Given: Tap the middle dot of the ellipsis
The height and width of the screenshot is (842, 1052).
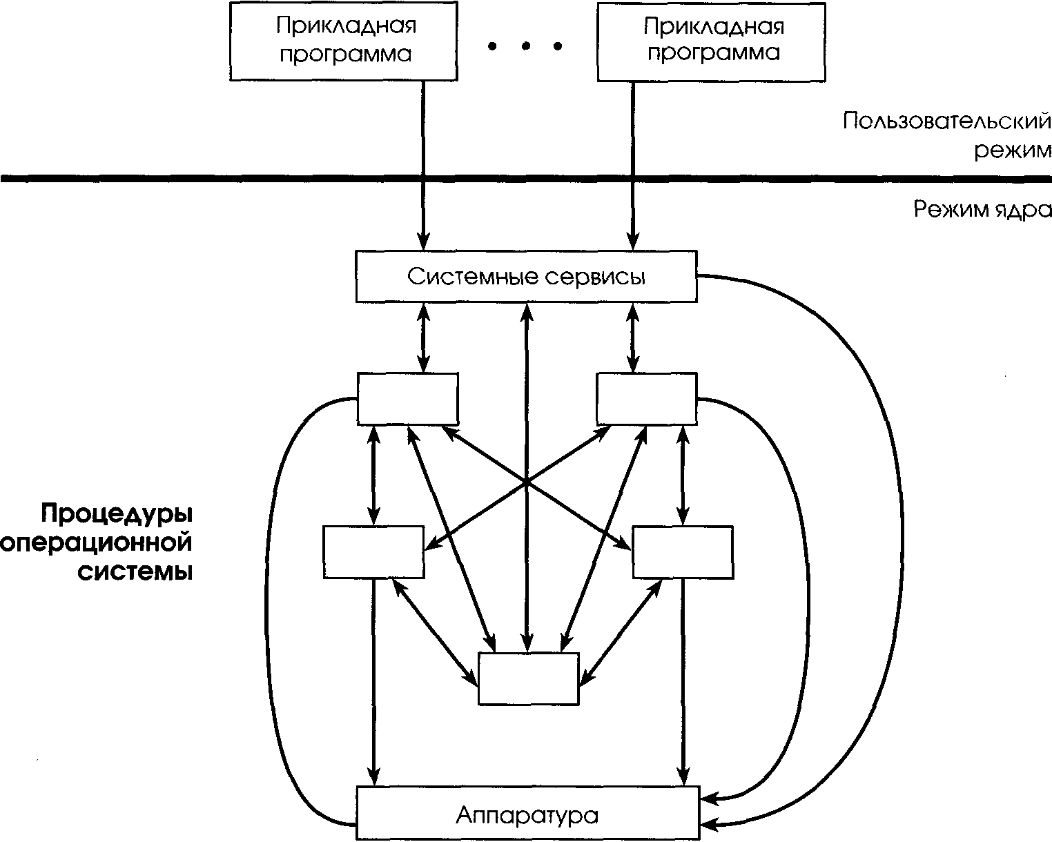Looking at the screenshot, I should coord(526,46).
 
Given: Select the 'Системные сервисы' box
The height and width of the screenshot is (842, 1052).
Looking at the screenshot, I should coord(526,277).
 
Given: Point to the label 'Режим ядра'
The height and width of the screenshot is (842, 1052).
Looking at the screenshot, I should coord(982,210).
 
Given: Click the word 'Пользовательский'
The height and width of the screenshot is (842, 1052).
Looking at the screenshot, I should coord(946,122).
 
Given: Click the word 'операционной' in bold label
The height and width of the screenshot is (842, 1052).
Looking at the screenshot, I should coord(97,543).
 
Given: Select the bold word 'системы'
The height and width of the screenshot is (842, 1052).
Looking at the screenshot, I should coord(134,572).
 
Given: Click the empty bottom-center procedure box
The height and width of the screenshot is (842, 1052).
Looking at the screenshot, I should coord(528,678).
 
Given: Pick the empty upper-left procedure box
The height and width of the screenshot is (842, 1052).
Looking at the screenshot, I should coord(407,399).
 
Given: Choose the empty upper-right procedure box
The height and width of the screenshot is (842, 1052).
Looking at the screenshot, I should coord(647,399).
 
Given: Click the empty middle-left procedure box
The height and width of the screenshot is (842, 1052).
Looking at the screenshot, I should coord(373,552).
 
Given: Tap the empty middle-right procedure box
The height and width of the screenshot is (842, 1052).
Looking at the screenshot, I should coord(683,552).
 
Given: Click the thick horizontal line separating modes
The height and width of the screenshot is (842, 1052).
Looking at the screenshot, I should coord(207,179).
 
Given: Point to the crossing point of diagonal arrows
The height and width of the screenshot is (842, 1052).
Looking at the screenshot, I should coord(527,482).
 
